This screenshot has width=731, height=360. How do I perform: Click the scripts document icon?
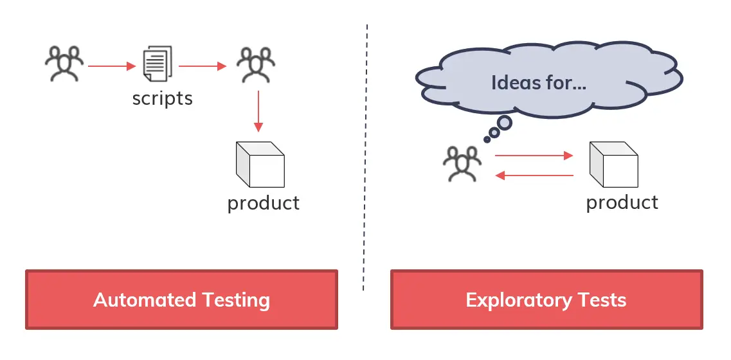pyautogui.click(x=158, y=64)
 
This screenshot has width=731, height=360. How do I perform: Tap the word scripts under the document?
pyautogui.click(x=163, y=98)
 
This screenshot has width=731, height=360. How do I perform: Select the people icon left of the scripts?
pyautogui.click(x=64, y=64)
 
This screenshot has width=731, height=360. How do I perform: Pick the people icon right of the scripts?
pyautogui.click(x=255, y=65)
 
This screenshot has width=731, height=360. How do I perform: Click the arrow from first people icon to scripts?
pyautogui.click(x=111, y=66)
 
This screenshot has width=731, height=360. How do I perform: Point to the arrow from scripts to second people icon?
pyautogui.click(x=203, y=66)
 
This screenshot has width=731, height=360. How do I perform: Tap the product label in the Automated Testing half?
pyautogui.click(x=264, y=203)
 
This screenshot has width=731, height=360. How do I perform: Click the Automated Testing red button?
pyautogui.click(x=181, y=300)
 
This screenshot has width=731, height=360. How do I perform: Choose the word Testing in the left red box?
pyautogui.click(x=235, y=300)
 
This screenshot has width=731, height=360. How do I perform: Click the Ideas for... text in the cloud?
pyautogui.click(x=539, y=83)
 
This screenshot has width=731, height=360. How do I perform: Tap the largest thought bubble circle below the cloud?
pyautogui.click(x=505, y=122)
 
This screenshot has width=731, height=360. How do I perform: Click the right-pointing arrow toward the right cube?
pyautogui.click(x=534, y=155)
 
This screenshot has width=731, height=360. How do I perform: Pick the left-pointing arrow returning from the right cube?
pyautogui.click(x=534, y=175)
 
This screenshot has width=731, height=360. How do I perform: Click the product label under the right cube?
pyautogui.click(x=622, y=203)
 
